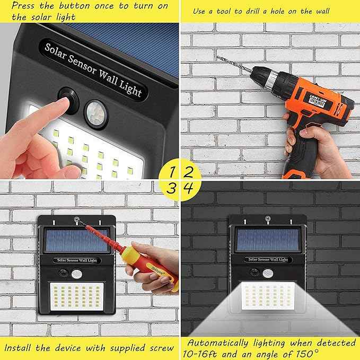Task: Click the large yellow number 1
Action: click(172, 172)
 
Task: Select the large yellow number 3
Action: click(172, 188)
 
